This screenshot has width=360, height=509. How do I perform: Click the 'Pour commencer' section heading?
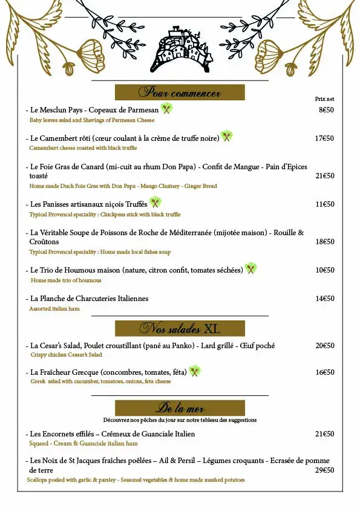[180, 92]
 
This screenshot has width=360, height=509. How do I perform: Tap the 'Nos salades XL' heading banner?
[180, 329]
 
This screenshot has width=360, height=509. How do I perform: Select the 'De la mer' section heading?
[180, 407]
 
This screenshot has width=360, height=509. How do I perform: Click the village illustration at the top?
[180, 50]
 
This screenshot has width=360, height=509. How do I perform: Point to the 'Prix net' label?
[324, 99]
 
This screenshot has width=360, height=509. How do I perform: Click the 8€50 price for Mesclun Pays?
[326, 110]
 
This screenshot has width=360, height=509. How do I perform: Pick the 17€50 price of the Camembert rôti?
[324, 138]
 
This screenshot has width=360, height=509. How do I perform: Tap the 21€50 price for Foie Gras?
[324, 176]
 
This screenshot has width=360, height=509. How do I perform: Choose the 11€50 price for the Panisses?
[324, 204]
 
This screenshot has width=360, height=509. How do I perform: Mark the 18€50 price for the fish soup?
[324, 242]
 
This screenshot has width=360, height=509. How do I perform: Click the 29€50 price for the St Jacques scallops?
[324, 470]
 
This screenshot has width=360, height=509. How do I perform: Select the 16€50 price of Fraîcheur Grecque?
[324, 372]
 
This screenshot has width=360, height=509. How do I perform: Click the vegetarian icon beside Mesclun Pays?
[167, 109]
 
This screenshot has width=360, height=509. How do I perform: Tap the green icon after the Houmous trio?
[250, 268]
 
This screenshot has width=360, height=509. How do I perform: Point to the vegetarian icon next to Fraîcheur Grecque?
[195, 371]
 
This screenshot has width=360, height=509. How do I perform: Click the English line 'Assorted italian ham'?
[54, 309]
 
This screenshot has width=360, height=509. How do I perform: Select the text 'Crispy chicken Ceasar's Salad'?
[67, 355]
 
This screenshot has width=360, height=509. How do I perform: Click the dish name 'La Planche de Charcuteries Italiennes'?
[89, 299]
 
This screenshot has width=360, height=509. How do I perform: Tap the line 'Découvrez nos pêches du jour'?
[180, 420]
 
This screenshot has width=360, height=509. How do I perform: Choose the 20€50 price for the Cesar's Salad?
[324, 346]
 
